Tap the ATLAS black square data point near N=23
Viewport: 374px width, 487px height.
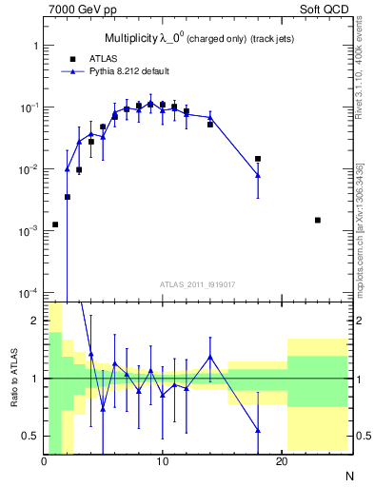coord(318,220)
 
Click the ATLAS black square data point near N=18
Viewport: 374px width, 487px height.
coord(258,159)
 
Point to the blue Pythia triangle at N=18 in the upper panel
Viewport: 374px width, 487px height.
coord(258,174)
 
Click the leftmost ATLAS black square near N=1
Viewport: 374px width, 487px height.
coord(55,224)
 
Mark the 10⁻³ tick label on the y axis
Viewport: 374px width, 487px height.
coord(28,231)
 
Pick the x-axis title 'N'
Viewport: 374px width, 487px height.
coord(348,475)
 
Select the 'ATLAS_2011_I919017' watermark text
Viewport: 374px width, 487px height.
coord(198,283)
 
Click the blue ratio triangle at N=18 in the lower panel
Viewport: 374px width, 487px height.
coord(258,430)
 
